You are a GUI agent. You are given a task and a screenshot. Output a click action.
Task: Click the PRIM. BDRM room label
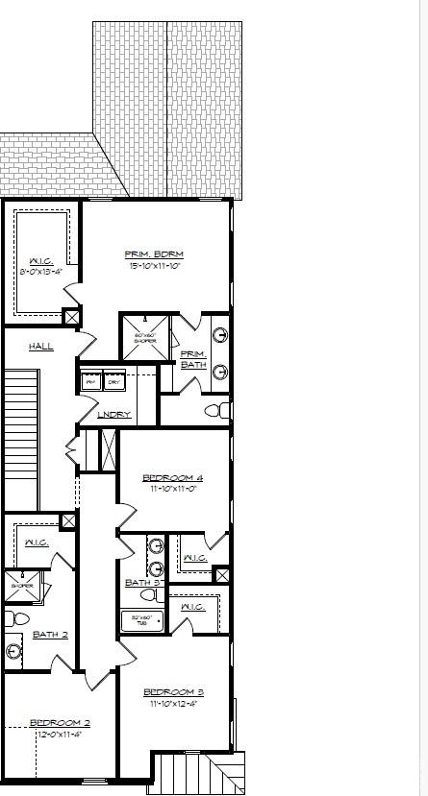154,254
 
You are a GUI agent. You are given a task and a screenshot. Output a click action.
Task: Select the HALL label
41,346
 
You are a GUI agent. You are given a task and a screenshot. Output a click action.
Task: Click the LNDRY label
114,414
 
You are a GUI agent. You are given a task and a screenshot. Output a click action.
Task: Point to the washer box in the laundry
91,381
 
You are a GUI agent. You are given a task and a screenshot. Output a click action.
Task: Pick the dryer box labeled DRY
113,381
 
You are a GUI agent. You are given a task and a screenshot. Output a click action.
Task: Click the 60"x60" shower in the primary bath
144,337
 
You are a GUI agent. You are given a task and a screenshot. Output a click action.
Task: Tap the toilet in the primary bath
218,411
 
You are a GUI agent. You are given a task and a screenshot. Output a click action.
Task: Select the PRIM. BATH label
193,359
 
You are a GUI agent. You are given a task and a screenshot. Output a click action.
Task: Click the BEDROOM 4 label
173,477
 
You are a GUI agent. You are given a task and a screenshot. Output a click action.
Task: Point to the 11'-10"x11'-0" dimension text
173,488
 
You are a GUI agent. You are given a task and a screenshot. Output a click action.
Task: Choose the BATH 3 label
144,582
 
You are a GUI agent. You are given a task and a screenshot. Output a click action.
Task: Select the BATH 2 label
50,634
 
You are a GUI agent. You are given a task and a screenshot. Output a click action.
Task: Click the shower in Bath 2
21,586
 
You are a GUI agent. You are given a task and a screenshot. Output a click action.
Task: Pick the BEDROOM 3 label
173,692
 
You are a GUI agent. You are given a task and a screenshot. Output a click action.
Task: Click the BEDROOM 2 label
60,723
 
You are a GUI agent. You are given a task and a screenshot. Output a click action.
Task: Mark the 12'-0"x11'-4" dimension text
60,734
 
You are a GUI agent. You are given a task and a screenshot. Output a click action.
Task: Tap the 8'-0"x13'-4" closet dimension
42,272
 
